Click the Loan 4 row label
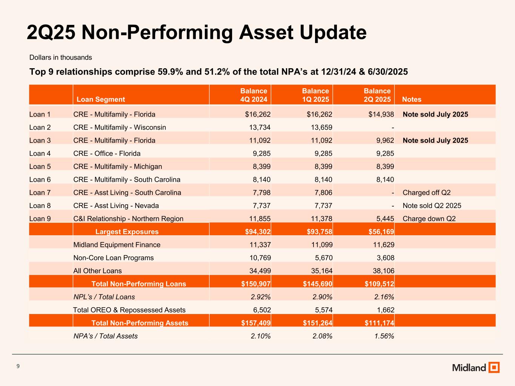(x=40, y=153)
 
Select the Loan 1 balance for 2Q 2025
(x=381, y=114)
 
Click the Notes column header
(x=412, y=100)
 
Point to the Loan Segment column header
(x=101, y=100)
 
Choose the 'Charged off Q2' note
(x=426, y=193)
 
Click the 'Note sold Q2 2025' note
(x=432, y=206)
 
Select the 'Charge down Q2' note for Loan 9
(x=429, y=219)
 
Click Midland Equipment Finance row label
(x=117, y=245)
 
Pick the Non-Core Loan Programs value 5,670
(x=322, y=258)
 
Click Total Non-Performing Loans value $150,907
(x=256, y=284)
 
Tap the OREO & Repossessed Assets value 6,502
(x=260, y=310)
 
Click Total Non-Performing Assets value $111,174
(x=378, y=323)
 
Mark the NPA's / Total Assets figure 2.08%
(x=322, y=336)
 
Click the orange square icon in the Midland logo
(x=494, y=367)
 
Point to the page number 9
(x=18, y=366)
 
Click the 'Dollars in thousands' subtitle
(x=61, y=58)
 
